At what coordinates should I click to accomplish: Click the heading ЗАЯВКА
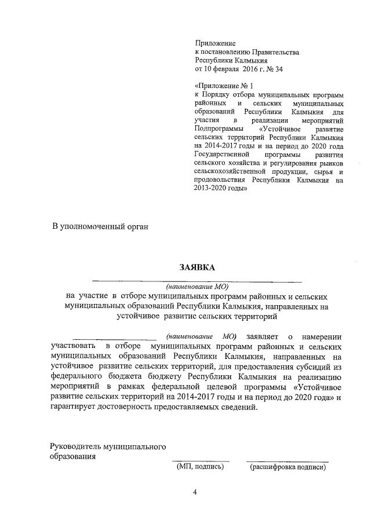[x=197, y=267]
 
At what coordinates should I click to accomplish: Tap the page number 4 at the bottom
[x=195, y=492]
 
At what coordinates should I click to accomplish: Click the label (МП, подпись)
[x=200, y=466]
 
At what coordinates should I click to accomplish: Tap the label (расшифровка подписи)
[x=286, y=466]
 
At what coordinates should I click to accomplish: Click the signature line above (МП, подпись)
[x=200, y=461]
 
